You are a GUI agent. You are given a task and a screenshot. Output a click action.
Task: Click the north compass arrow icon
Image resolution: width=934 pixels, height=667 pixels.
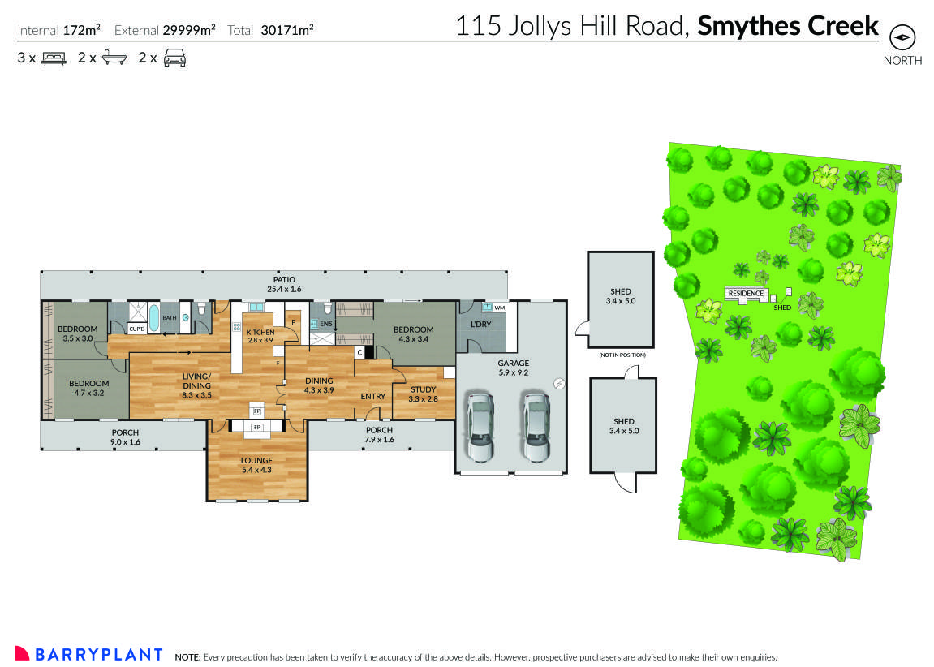click(902, 38)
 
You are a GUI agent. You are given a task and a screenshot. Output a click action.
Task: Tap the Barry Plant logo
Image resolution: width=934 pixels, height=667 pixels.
click(89, 654)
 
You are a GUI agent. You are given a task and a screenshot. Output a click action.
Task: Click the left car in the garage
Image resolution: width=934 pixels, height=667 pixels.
click(479, 426)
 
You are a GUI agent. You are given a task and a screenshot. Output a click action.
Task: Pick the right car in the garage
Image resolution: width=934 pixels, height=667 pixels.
click(536, 426)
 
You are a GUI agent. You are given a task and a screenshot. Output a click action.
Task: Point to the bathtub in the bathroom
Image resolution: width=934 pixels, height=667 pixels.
click(154, 317)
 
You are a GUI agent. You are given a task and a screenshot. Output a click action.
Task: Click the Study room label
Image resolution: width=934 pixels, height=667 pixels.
click(423, 394)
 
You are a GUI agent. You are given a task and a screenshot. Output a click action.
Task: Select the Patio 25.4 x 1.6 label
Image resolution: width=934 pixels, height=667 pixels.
click(284, 283)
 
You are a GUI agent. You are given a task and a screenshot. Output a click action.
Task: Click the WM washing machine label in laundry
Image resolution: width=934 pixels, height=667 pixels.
click(501, 308)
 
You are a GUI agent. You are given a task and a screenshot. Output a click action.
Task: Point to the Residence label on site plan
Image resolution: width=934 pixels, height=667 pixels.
click(746, 293)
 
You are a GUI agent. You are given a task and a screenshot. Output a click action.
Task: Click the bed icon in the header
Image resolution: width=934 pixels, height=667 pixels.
click(54, 58)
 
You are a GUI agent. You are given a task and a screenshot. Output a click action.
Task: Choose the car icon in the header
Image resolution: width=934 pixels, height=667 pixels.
click(175, 58)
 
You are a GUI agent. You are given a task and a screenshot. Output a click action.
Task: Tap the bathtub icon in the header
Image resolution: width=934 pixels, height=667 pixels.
click(114, 58)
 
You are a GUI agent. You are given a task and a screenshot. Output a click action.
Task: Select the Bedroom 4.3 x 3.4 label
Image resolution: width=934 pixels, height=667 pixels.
click(413, 334)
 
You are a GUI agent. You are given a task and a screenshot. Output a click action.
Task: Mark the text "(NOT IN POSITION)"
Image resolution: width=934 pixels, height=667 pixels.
click(621, 355)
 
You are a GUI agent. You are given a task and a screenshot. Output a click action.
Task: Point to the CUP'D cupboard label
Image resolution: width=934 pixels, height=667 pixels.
click(136, 329)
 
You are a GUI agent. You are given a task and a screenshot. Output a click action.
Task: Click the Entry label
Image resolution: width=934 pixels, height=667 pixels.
click(372, 396)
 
